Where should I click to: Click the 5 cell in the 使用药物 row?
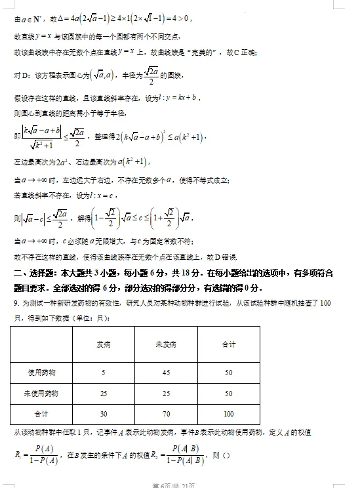[x=103, y=373]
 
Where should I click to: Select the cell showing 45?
[x=166, y=373]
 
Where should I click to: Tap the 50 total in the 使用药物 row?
[x=228, y=373]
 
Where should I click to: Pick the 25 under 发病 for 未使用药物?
[x=103, y=394]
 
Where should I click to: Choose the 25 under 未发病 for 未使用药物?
[x=166, y=394]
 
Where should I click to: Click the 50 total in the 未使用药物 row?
[x=228, y=394]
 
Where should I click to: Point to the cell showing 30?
[x=103, y=414]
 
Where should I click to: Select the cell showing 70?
[x=166, y=414]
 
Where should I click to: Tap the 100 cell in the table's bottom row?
[x=228, y=414]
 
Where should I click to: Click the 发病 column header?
[x=103, y=344]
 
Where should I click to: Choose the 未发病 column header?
[x=166, y=344]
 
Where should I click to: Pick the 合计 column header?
[x=228, y=344]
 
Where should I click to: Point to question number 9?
[x=16, y=303]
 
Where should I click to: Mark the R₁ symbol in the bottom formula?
[x=17, y=453]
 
